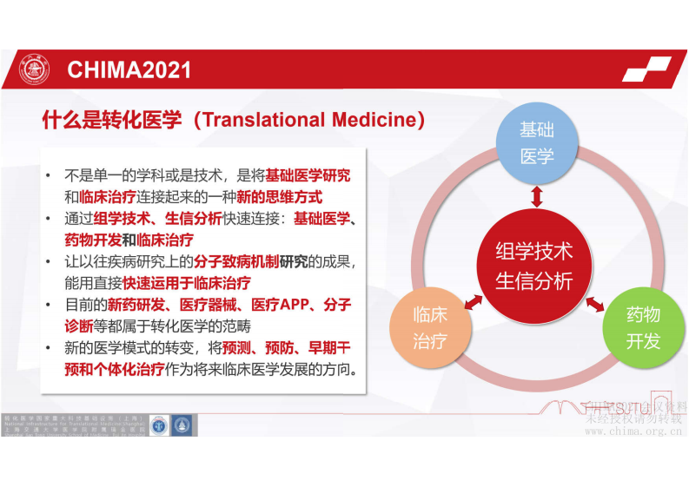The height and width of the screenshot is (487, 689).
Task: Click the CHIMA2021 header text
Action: click(129, 69)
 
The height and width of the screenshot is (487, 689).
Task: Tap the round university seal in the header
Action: click(35, 69)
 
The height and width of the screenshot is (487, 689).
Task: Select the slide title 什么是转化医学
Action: click(112, 120)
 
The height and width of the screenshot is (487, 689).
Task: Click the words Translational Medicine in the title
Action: click(308, 120)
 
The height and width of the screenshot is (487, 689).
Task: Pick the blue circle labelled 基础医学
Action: click(537, 143)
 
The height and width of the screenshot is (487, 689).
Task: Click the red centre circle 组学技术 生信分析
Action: click(533, 267)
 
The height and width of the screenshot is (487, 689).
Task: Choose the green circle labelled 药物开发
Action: click(643, 327)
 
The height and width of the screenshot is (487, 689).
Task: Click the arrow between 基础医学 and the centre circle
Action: click(536, 196)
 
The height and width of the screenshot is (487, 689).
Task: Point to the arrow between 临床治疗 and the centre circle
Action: click(474, 300)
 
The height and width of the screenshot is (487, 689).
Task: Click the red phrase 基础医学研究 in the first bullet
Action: click(308, 175)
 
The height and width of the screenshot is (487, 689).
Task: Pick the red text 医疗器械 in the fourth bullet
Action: click(209, 305)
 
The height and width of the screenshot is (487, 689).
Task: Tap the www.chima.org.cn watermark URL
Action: click(634, 430)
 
